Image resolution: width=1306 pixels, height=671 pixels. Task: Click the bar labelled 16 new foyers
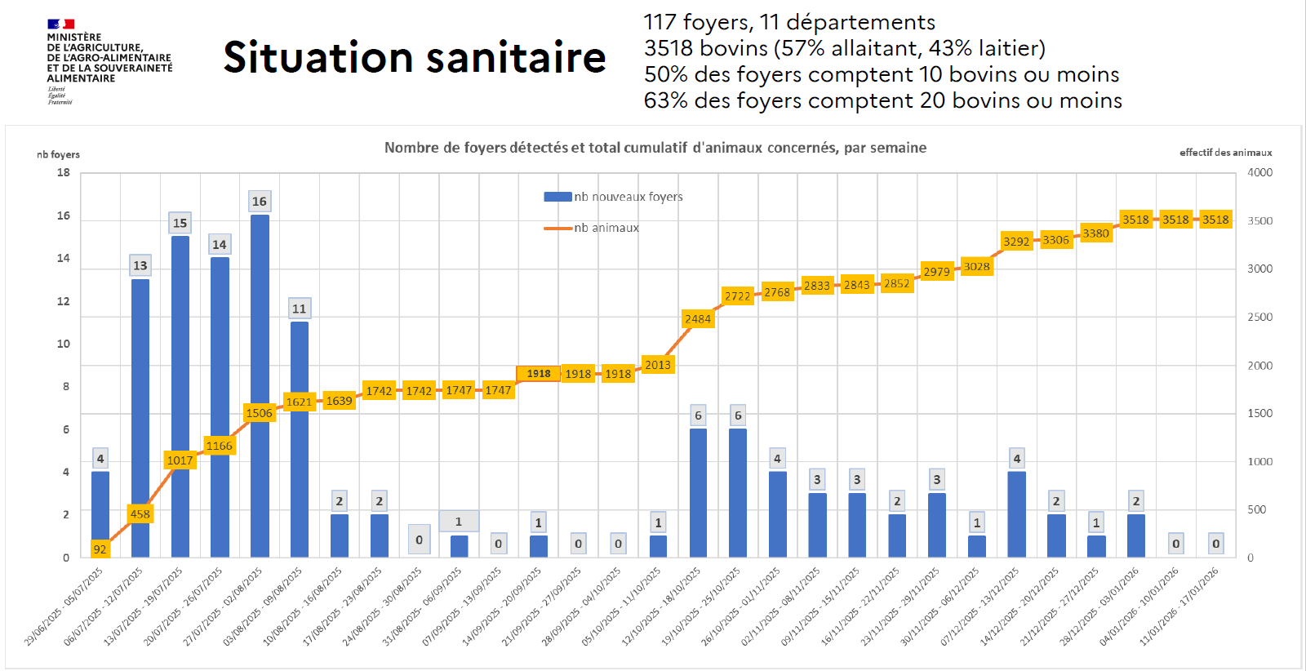click(x=260, y=384)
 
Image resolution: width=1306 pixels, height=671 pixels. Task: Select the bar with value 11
click(x=300, y=441)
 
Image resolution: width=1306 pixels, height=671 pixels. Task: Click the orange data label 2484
click(x=698, y=319)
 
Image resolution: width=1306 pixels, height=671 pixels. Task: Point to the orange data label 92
click(x=100, y=549)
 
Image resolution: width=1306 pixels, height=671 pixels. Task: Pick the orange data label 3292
click(x=1016, y=242)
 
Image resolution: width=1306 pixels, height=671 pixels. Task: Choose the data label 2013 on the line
click(x=658, y=365)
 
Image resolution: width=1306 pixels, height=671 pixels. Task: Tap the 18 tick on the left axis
click(x=64, y=172)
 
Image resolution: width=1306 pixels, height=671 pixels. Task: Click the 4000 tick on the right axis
click(x=1259, y=172)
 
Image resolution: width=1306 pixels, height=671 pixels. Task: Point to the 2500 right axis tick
click(x=1259, y=317)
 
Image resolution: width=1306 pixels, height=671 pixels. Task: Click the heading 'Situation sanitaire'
click(x=415, y=57)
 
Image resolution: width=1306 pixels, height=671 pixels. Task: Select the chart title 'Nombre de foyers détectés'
click(x=655, y=148)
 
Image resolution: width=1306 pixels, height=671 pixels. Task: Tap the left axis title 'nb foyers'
click(x=58, y=154)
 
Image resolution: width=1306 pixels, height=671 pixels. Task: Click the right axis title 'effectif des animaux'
click(x=1225, y=153)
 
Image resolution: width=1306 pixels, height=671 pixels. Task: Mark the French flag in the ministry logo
click(x=60, y=24)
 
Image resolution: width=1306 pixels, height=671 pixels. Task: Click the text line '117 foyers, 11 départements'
click(x=789, y=22)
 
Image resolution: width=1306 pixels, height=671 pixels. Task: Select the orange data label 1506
click(x=260, y=413)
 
